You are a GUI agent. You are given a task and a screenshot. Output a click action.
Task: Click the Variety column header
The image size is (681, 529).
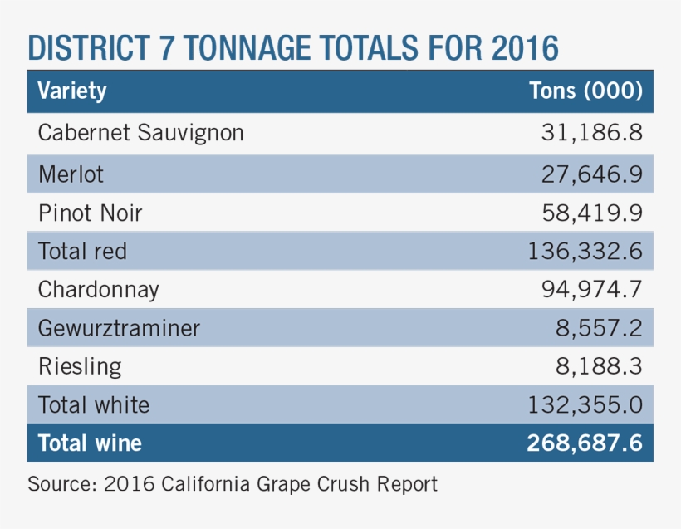(72, 91)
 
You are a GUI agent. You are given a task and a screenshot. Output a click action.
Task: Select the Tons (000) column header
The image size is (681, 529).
(585, 91)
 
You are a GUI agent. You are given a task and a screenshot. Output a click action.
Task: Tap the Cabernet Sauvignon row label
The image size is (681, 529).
(141, 133)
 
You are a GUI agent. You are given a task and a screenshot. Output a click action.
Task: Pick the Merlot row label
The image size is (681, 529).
(71, 174)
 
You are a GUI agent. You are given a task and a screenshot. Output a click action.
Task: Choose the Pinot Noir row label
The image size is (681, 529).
(91, 213)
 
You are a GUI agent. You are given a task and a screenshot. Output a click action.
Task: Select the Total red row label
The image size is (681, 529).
(82, 251)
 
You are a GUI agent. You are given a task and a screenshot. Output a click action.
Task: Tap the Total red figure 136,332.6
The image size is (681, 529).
(585, 251)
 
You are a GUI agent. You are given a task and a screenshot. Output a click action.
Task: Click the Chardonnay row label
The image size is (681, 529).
(99, 290)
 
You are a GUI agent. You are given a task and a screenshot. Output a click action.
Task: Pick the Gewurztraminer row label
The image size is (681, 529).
(119, 328)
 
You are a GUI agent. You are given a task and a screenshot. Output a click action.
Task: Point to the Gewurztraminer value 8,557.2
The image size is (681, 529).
(599, 328)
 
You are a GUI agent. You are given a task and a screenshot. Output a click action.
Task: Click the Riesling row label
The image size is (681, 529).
(80, 366)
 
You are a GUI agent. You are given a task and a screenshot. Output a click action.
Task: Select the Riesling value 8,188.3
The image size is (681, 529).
(599, 366)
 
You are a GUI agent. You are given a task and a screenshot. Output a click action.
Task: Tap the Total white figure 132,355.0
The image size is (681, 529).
(585, 404)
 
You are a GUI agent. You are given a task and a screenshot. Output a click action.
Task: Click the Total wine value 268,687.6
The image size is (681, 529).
(585, 443)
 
